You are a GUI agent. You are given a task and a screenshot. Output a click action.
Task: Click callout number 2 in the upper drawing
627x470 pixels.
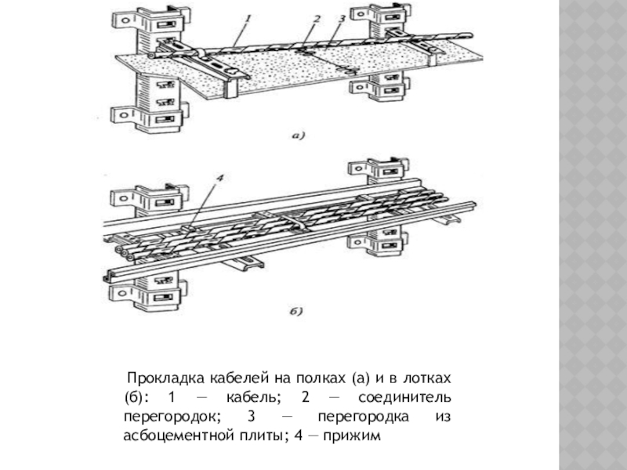315,17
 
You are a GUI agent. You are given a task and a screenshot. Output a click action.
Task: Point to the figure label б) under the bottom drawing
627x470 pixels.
296,313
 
